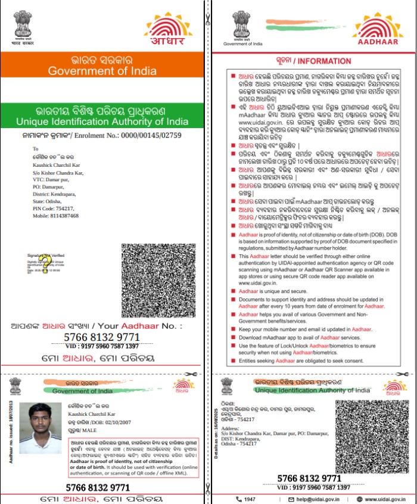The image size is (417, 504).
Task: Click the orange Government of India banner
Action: [102, 66]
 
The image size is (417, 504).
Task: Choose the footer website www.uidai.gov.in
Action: [385, 499]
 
